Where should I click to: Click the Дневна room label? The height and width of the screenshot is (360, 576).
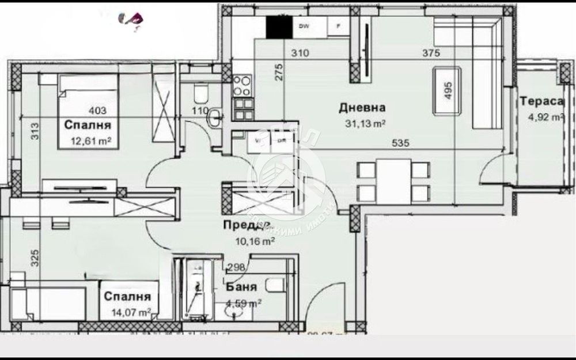click(x=362, y=107)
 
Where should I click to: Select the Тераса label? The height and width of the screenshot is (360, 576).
click(x=541, y=101)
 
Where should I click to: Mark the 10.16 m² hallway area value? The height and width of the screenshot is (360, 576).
click(x=254, y=241)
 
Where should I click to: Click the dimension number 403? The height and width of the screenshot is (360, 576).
click(x=97, y=111)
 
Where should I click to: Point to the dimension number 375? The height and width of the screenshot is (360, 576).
click(x=431, y=54)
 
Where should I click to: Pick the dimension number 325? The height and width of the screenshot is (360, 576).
click(x=36, y=257)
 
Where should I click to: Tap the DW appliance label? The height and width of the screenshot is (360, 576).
click(x=302, y=26)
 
